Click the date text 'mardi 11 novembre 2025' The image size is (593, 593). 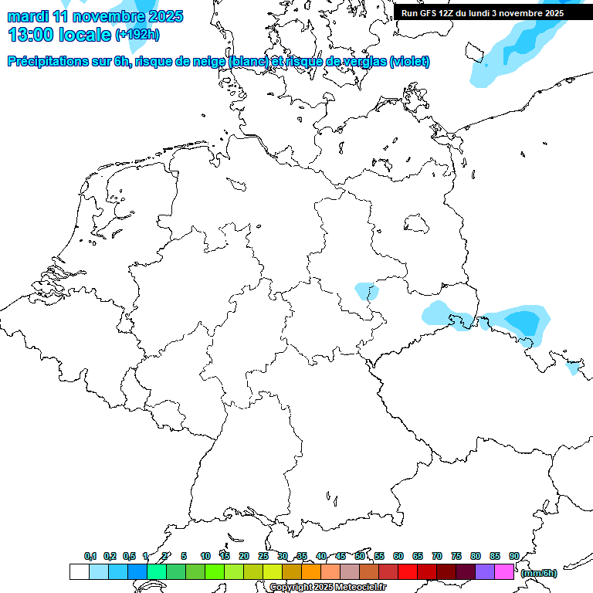[95, 16]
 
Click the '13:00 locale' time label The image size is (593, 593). [59, 34]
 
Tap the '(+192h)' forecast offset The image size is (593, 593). [137, 34]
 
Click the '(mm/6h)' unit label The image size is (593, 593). [538, 573]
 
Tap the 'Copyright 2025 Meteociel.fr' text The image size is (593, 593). [327, 587]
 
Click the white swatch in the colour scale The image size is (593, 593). [79, 571]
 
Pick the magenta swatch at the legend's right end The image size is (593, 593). [504, 571]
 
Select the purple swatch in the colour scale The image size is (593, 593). [485, 571]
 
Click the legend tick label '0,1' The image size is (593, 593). [90, 556]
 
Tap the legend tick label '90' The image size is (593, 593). [514, 556]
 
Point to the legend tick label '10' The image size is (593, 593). [205, 556]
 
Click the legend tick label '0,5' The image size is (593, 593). [129, 556]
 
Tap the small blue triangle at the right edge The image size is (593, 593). [573, 369]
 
